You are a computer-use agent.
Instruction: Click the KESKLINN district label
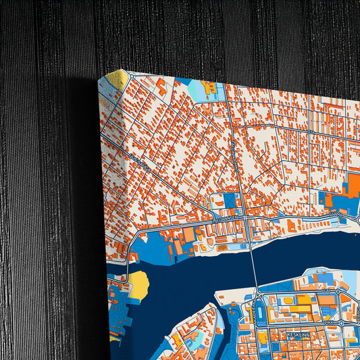click(x=298, y=334)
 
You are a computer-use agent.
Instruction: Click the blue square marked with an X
click(x=230, y=201)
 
